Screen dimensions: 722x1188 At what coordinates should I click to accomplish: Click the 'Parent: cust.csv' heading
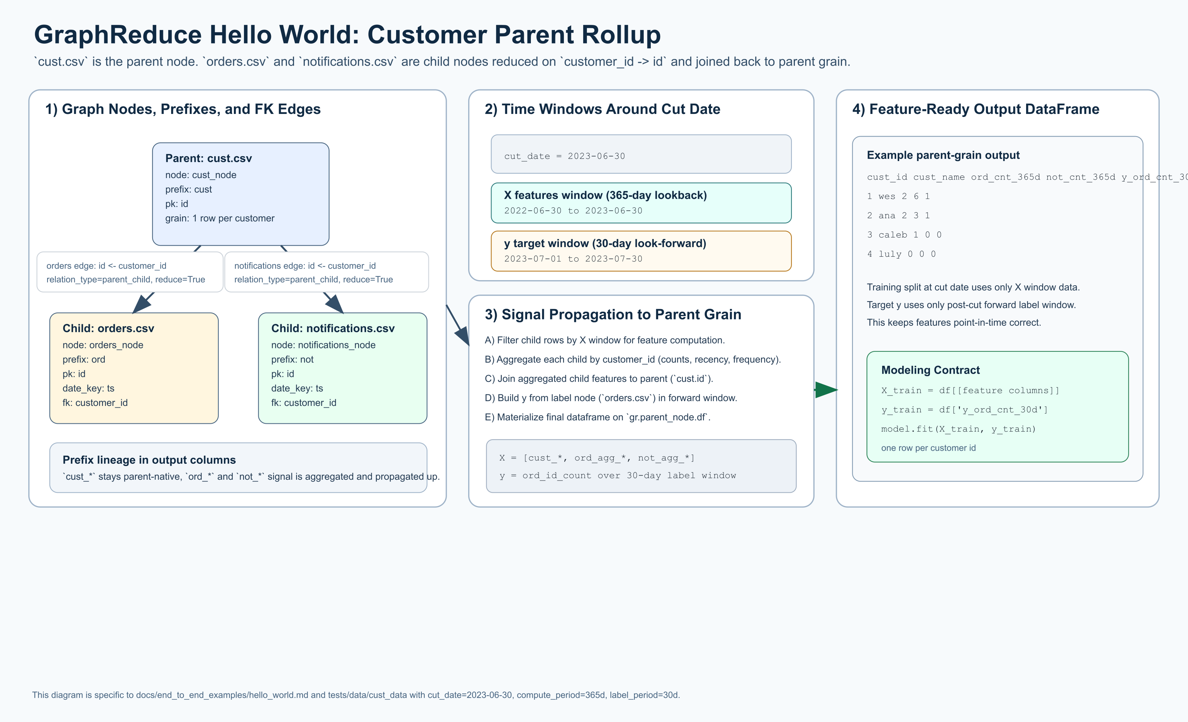[x=208, y=158]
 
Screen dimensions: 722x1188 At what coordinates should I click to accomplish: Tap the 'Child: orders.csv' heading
[x=108, y=328]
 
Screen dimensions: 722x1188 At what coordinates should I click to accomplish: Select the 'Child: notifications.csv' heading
[x=333, y=328]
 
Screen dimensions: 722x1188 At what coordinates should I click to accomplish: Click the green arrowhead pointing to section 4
[x=826, y=390]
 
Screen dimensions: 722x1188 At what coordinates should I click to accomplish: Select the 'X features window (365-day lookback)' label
[x=605, y=195]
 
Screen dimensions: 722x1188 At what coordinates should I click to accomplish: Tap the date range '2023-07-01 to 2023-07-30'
[x=573, y=259]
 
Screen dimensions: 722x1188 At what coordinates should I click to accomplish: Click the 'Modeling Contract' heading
[x=930, y=370]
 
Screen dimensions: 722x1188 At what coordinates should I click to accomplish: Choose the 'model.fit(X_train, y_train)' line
[x=958, y=429]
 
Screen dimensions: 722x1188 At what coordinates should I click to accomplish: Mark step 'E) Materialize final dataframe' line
[x=597, y=417]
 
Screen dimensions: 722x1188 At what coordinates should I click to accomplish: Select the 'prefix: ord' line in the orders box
[x=84, y=360]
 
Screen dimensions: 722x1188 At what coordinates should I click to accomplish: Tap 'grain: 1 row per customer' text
[x=219, y=218]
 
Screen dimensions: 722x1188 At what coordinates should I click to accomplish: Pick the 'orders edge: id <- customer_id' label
[x=106, y=266]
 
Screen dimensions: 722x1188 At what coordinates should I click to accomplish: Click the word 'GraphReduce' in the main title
[x=118, y=35]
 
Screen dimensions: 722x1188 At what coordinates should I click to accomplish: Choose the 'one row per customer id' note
[x=928, y=448]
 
